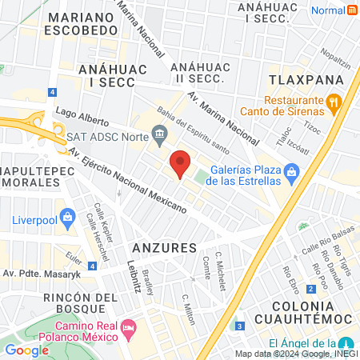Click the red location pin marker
click(x=182, y=162)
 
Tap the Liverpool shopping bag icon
click(x=68, y=218)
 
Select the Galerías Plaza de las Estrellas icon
click(x=292, y=171)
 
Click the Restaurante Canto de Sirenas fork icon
click(x=334, y=102)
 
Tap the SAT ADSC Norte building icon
click(x=160, y=133)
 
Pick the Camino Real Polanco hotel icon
click(x=128, y=328)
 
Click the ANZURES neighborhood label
click(x=164, y=248)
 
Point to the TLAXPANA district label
click(x=306, y=80)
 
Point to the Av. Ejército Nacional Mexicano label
click(x=128, y=181)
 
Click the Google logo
click(x=26, y=350)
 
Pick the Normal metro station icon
click(x=352, y=10)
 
